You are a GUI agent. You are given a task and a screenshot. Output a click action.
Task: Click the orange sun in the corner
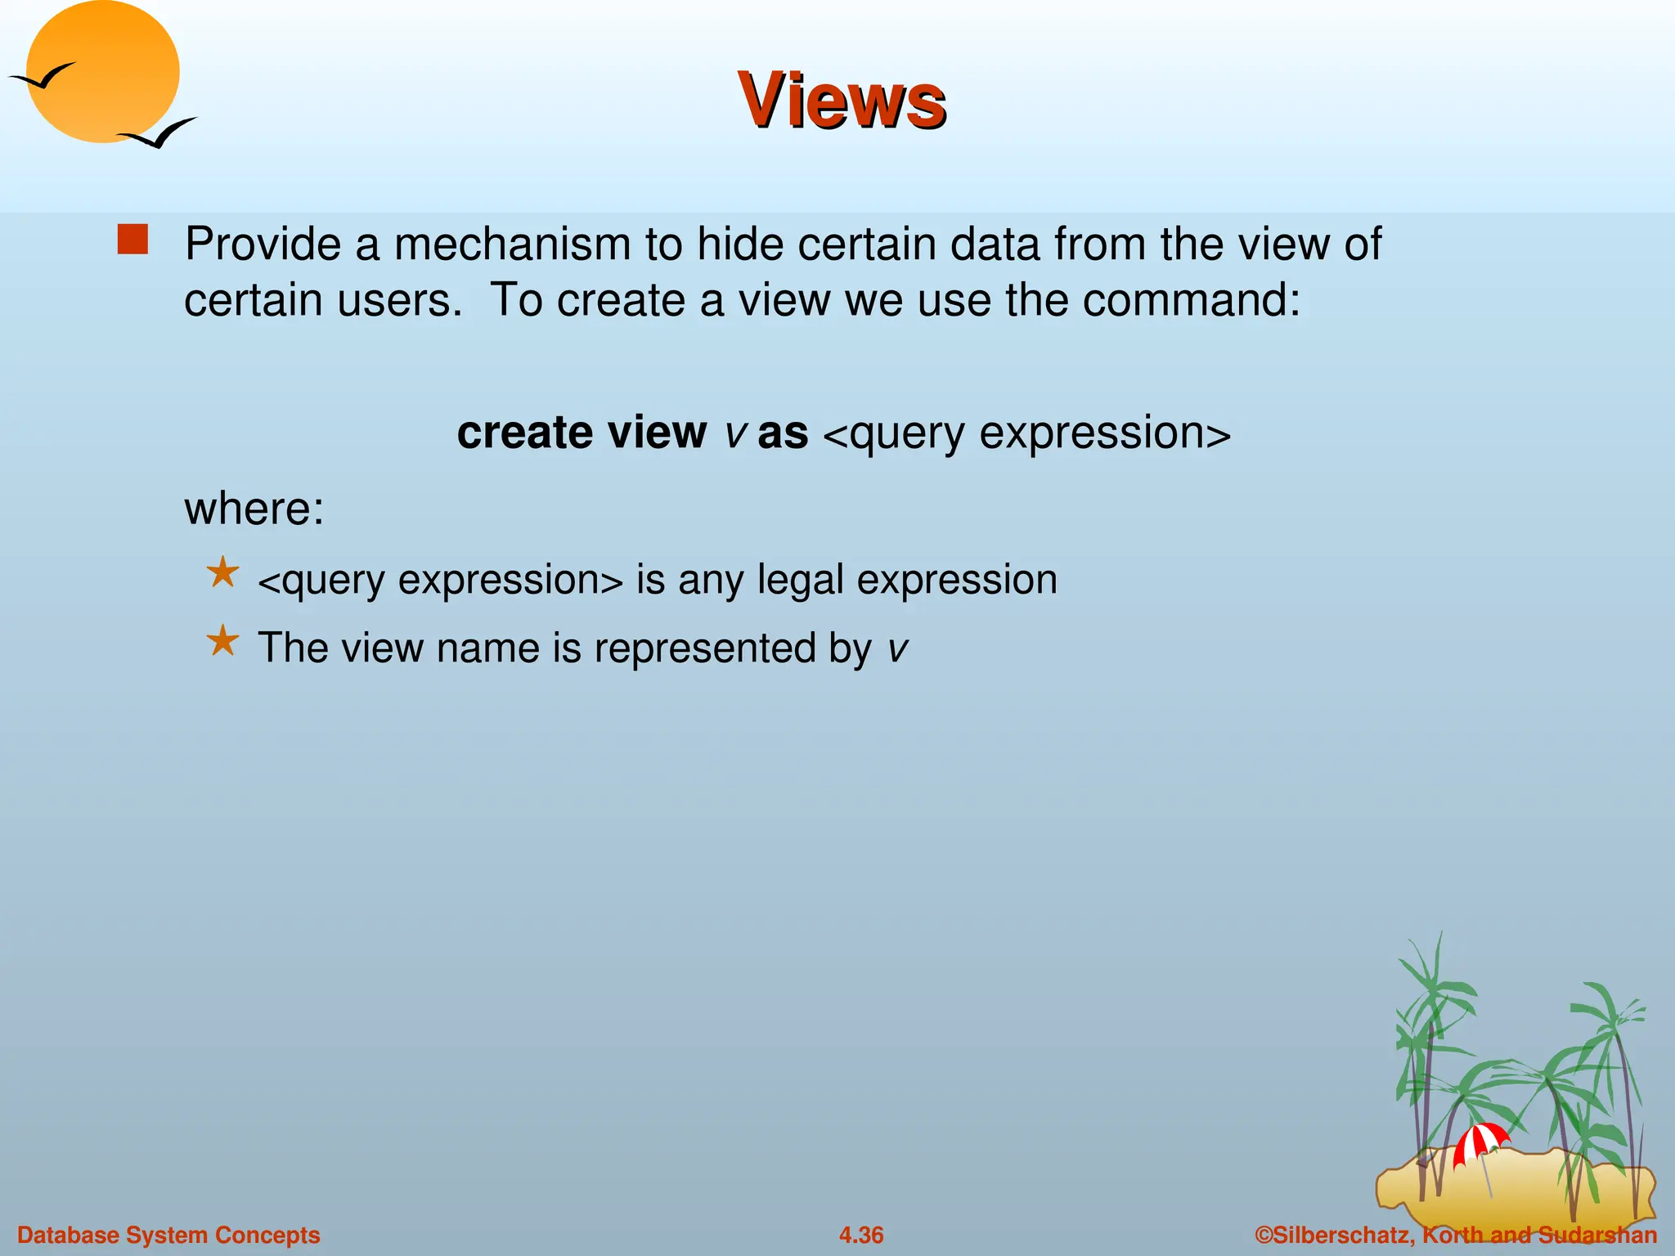point(103,71)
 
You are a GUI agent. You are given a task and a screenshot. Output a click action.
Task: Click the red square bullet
point(132,240)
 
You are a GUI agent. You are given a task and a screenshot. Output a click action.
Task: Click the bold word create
point(523,432)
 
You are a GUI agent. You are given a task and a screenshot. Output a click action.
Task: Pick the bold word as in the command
point(782,433)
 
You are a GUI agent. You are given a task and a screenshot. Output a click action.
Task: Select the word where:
point(254,509)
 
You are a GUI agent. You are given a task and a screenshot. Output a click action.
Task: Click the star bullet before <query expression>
point(222,572)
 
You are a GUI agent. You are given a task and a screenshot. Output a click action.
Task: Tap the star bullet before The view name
point(222,640)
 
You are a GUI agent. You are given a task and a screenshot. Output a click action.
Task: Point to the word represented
point(703,648)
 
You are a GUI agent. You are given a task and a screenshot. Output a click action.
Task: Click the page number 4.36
point(860,1235)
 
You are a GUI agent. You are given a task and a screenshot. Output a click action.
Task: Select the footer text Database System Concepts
point(168,1235)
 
